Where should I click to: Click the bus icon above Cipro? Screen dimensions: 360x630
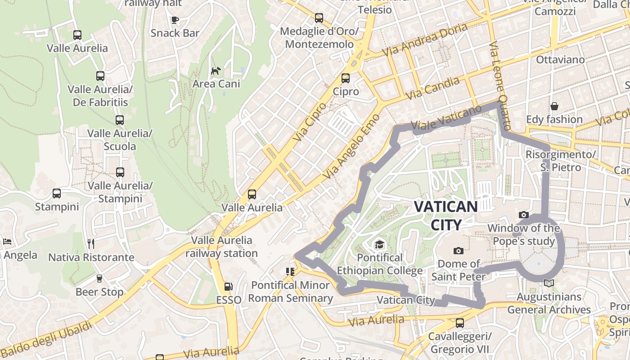[x=346, y=78]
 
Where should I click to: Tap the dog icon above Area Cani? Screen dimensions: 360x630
[x=216, y=71]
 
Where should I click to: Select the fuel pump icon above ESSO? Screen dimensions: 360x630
[x=228, y=287]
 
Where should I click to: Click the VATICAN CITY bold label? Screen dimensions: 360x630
[x=445, y=216]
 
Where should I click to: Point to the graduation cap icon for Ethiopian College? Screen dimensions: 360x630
[x=380, y=244]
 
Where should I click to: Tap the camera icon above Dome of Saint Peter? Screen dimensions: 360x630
[x=459, y=251]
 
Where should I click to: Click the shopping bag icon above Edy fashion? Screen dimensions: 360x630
[x=554, y=106]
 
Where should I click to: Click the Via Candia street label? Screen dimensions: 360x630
[x=432, y=88]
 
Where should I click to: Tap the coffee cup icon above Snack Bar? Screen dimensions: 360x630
[x=175, y=20]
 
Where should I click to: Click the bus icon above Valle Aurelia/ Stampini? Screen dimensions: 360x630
[x=120, y=172]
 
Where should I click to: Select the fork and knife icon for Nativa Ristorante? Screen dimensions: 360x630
[x=91, y=244]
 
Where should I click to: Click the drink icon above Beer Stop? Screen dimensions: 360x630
[x=99, y=279]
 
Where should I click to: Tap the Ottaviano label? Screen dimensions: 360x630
[x=560, y=59]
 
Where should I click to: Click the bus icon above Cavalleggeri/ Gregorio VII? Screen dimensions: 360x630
[x=459, y=323]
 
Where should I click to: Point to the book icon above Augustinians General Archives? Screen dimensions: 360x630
[x=549, y=283]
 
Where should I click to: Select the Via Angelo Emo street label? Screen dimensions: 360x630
[x=351, y=145]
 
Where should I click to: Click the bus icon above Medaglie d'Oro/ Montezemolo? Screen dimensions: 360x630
[x=319, y=18]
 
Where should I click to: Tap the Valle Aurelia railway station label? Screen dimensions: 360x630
[x=222, y=247]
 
